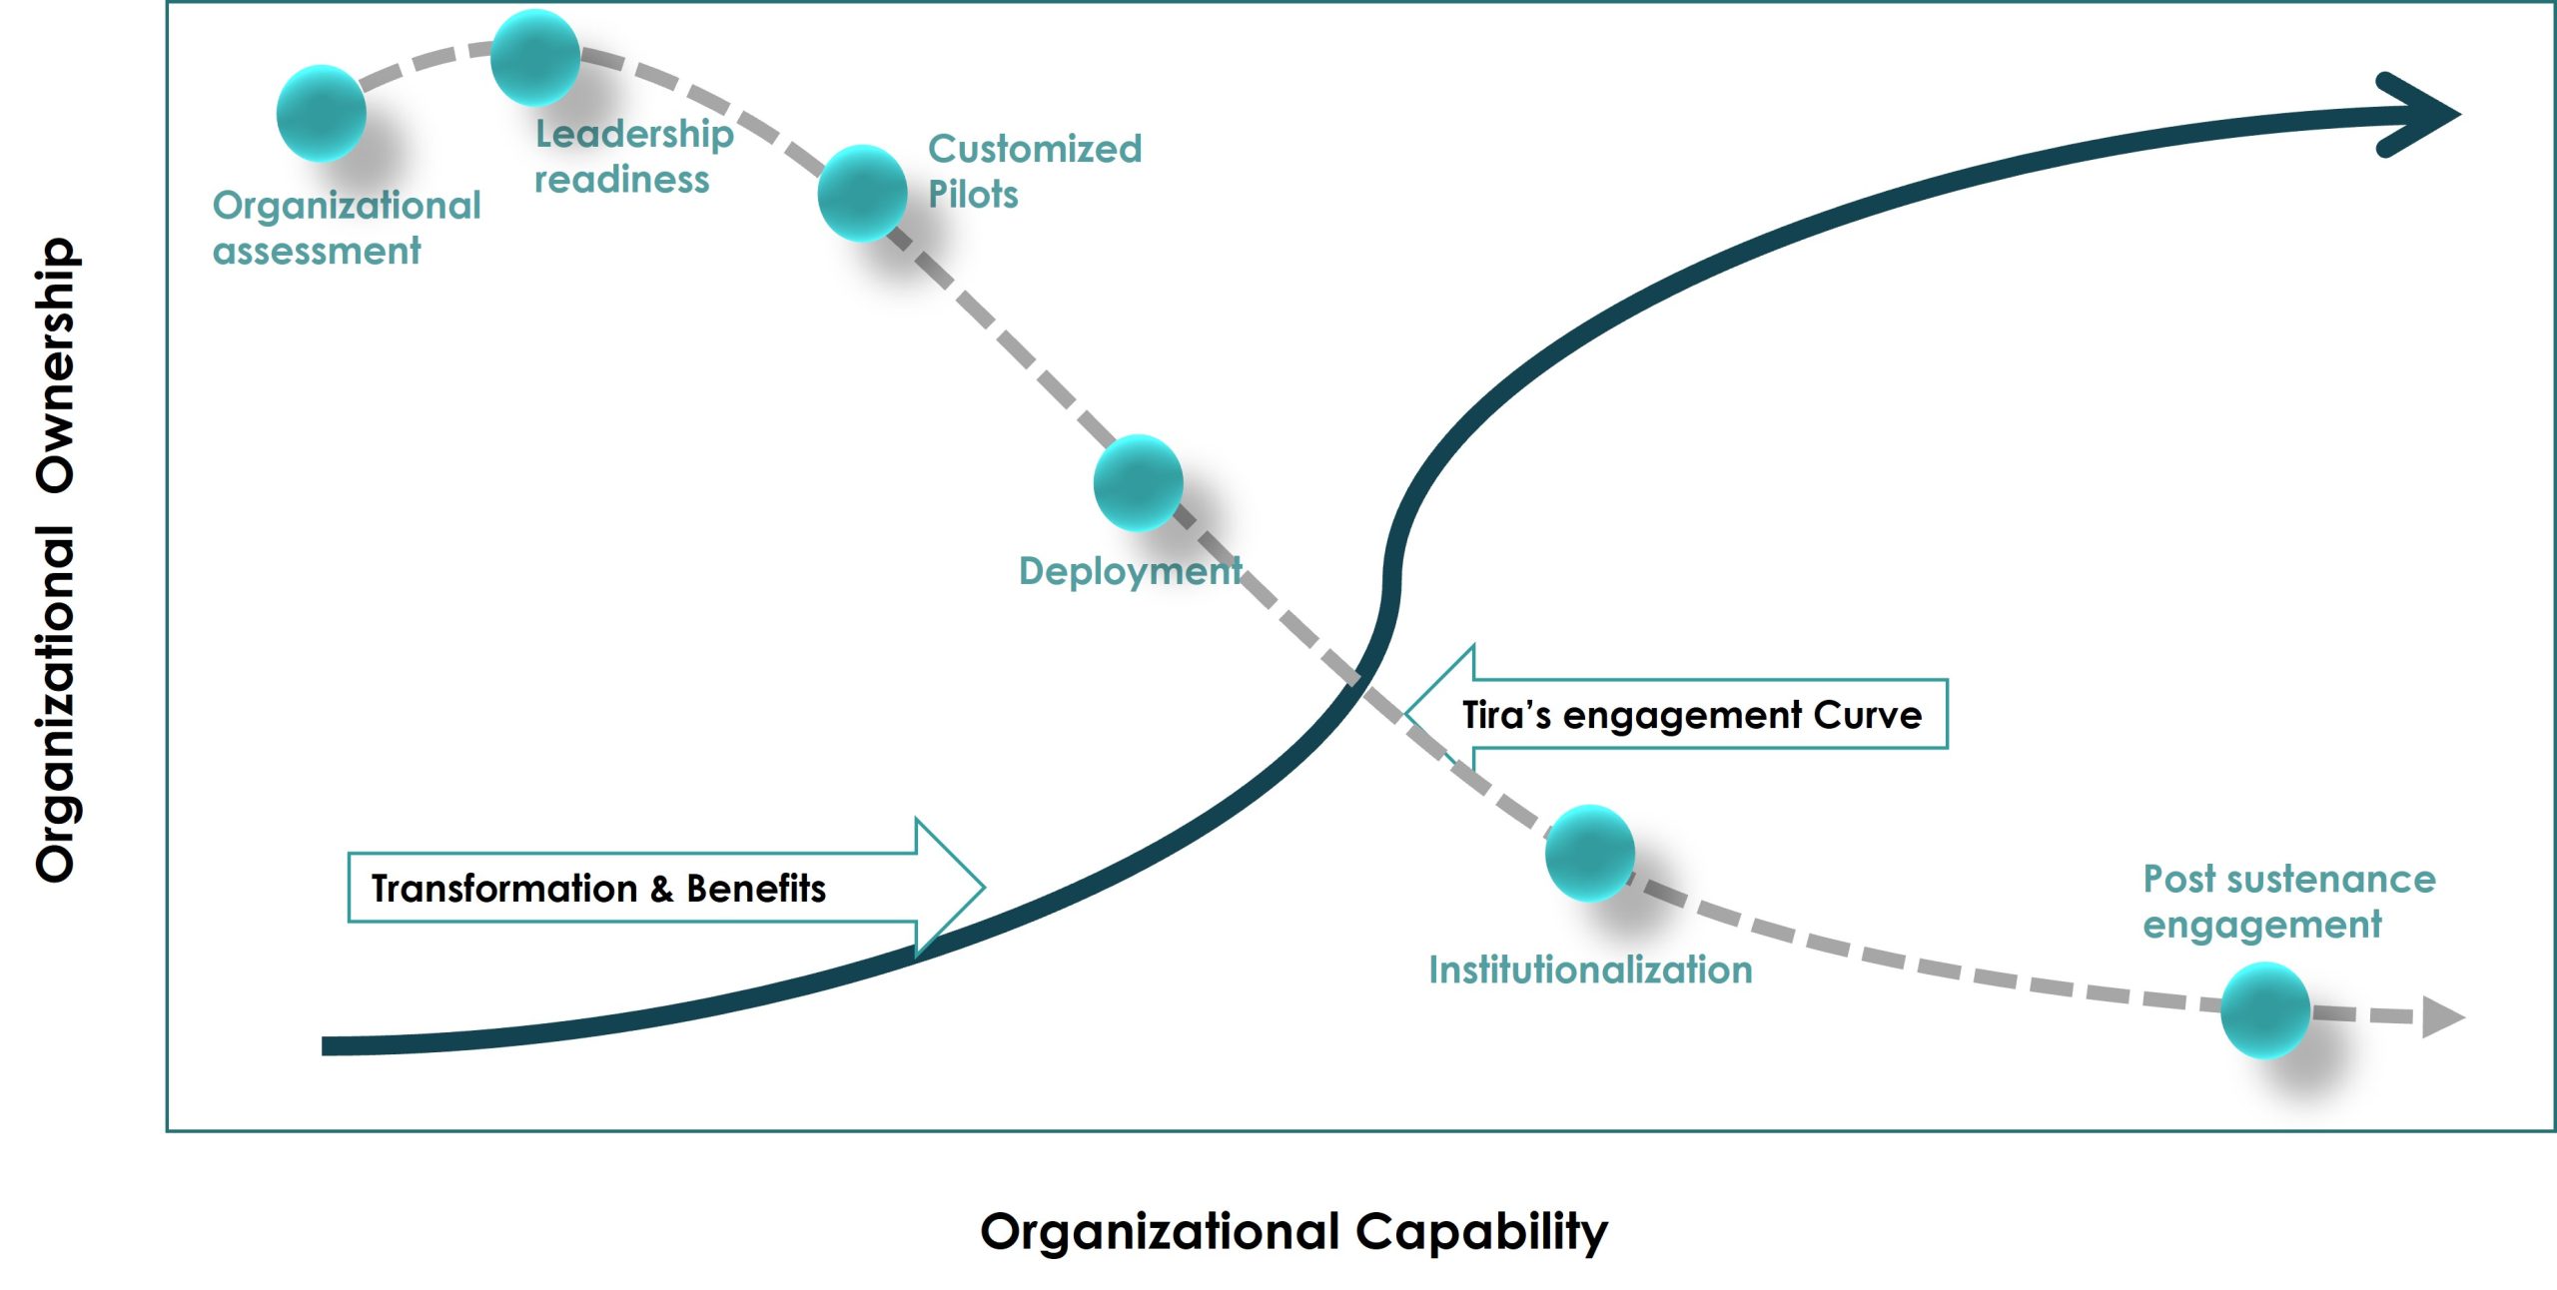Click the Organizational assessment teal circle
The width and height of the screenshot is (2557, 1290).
321,113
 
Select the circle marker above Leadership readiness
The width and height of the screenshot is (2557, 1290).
535,57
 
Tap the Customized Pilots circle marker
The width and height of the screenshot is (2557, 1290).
862,193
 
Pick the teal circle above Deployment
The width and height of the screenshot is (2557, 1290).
1138,482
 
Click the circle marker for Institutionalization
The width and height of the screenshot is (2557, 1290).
1589,853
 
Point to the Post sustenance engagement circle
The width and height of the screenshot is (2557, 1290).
2264,1009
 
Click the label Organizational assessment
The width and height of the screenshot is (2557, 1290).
346,228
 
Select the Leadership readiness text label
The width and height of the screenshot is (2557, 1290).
633,157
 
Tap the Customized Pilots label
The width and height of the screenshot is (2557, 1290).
1034,171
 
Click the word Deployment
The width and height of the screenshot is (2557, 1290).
1130,571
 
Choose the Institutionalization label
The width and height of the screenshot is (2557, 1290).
1590,969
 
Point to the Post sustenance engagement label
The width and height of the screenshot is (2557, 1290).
2288,902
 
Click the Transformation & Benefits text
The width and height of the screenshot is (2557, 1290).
598,888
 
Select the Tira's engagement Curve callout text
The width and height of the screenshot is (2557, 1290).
1691,715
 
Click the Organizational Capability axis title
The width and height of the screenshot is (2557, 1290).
1293,1231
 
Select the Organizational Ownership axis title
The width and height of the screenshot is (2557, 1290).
56,559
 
